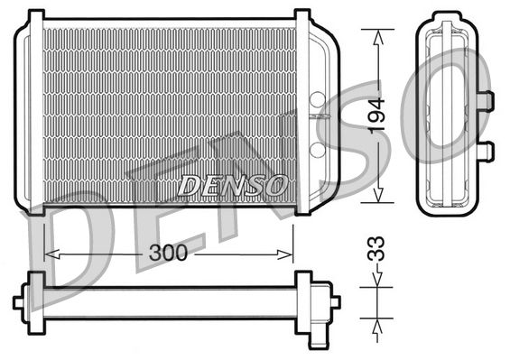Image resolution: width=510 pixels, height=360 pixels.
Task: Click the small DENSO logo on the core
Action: pyautogui.click(x=233, y=185)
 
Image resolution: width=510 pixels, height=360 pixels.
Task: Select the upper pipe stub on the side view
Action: pyautogui.click(x=485, y=99)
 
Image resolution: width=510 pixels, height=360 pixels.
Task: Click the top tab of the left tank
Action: pyautogui.click(x=34, y=15)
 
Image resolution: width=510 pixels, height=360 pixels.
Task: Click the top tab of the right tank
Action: pyautogui.click(x=303, y=15)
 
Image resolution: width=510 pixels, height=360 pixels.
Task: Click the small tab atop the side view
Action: pyautogui.click(x=447, y=15)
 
